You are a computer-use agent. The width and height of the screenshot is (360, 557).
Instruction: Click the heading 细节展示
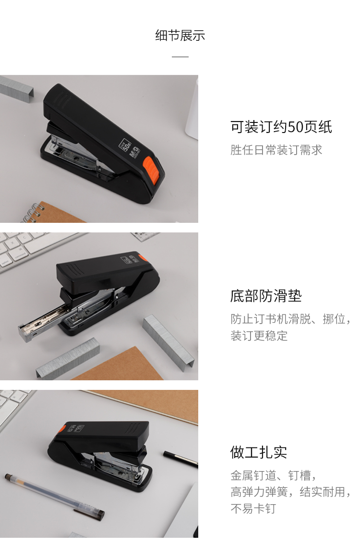pyautogui.click(x=180, y=36)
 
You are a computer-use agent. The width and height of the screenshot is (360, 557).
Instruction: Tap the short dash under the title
pyautogui.click(x=180, y=57)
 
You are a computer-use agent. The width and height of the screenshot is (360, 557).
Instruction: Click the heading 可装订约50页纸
pyautogui.click(x=281, y=127)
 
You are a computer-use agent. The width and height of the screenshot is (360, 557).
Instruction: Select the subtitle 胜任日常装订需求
pyautogui.click(x=276, y=150)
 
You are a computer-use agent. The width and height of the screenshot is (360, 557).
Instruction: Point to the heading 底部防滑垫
pyautogui.click(x=266, y=296)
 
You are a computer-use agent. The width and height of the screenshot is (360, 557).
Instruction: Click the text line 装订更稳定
pyautogui.click(x=259, y=336)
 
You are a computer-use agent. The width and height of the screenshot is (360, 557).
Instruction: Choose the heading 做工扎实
pyautogui.click(x=258, y=452)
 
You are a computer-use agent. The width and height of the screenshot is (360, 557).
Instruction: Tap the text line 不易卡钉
pyautogui.click(x=253, y=509)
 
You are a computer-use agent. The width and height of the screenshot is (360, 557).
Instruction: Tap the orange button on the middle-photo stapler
pyautogui.click(x=143, y=257)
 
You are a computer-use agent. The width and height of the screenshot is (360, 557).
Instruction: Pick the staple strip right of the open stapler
pyautogui.click(x=169, y=342)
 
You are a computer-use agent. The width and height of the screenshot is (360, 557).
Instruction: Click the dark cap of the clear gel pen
pyautogui.click(x=89, y=513)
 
